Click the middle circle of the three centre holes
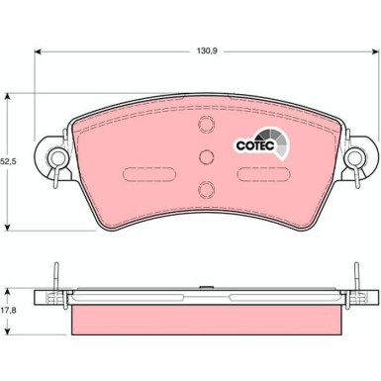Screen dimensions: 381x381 (206, 156)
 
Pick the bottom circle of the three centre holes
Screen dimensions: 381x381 (206, 190)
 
